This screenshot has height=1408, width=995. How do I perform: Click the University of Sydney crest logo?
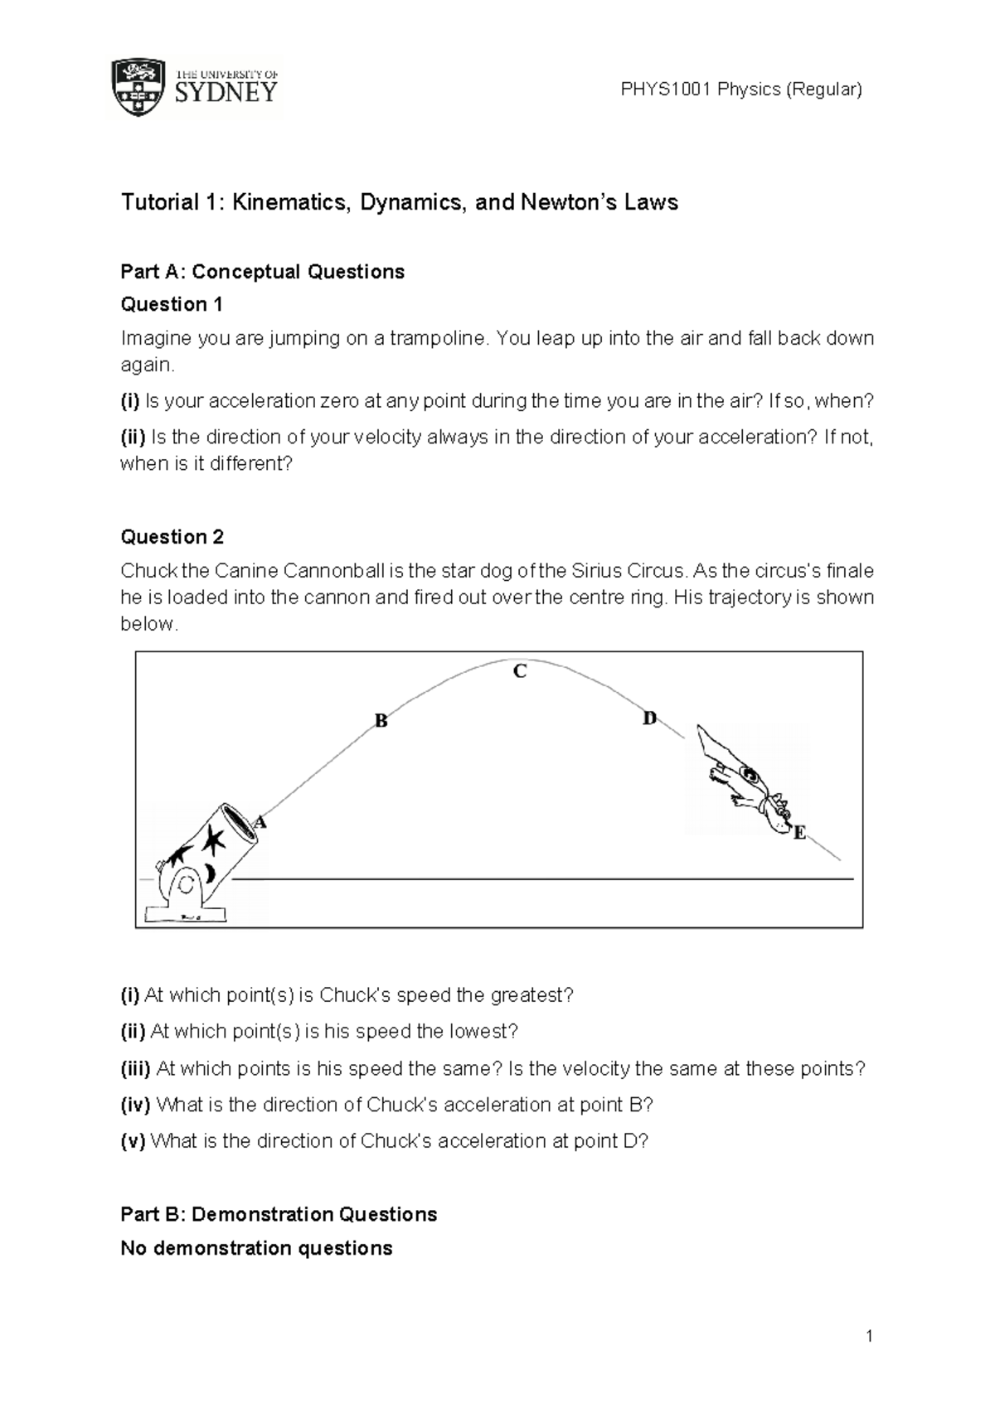pyautogui.click(x=139, y=88)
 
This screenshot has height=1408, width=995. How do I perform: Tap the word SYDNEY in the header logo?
pyautogui.click(x=226, y=93)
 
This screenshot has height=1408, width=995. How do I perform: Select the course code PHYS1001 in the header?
pyautogui.click(x=666, y=90)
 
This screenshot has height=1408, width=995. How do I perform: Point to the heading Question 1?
pyautogui.click(x=172, y=304)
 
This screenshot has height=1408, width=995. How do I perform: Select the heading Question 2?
pyautogui.click(x=172, y=537)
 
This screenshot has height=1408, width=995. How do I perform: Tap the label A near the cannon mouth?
pyautogui.click(x=261, y=822)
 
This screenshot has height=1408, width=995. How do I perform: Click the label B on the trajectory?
pyautogui.click(x=381, y=721)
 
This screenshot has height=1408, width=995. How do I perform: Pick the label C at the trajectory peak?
pyautogui.click(x=520, y=671)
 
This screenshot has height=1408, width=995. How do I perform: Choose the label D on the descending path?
pyautogui.click(x=649, y=719)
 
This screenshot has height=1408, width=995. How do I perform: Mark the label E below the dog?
pyautogui.click(x=799, y=833)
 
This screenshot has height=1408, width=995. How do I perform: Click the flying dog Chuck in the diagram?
pyautogui.click(x=742, y=779)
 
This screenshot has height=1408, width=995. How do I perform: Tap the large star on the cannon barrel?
pyautogui.click(x=213, y=840)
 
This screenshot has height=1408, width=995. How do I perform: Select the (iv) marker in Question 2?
pyautogui.click(x=136, y=1105)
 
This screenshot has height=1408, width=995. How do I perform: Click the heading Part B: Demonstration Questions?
pyautogui.click(x=279, y=1214)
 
